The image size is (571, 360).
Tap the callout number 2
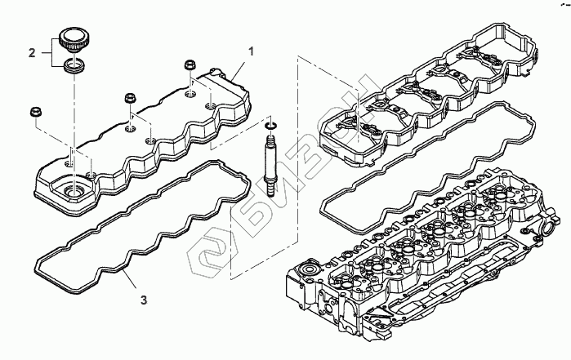pos(32,54)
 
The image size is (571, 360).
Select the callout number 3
pos(144,300)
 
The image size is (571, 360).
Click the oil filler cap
pos(74,38)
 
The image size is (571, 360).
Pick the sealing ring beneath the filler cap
pos(74,65)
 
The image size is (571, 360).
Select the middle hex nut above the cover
pos(129,100)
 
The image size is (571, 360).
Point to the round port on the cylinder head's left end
pos(311,270)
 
